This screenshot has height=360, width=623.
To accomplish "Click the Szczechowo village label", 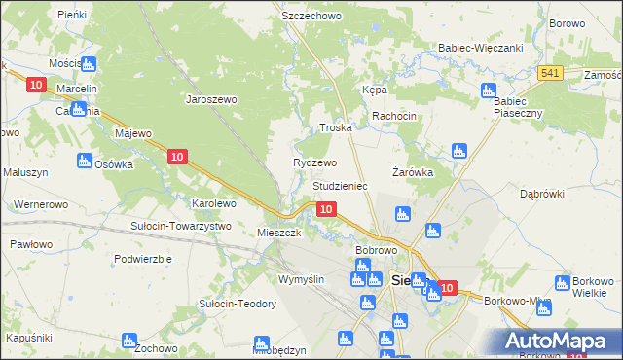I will [307, 17].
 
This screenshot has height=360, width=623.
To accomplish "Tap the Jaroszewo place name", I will [212, 98].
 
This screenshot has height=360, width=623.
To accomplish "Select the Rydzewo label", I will [314, 162].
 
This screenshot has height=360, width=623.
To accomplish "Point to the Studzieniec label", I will [339, 184].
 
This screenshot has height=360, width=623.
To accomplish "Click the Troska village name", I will [335, 127].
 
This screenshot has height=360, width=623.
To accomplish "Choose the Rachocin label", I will [393, 116].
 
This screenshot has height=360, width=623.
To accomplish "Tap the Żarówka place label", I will [412, 171].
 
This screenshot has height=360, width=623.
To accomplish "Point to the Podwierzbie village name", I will [142, 259].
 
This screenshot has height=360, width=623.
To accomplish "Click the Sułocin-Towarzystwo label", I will [180, 226].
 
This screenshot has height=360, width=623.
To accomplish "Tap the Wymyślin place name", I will [301, 279].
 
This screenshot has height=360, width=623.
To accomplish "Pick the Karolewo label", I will [213, 203].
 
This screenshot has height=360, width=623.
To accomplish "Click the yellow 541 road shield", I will [550, 74].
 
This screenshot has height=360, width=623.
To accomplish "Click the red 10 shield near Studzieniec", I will [327, 209].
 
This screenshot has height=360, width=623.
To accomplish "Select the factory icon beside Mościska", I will [89, 64].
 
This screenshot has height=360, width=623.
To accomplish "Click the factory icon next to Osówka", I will [83, 161].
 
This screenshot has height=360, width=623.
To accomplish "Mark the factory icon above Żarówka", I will [459, 151].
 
